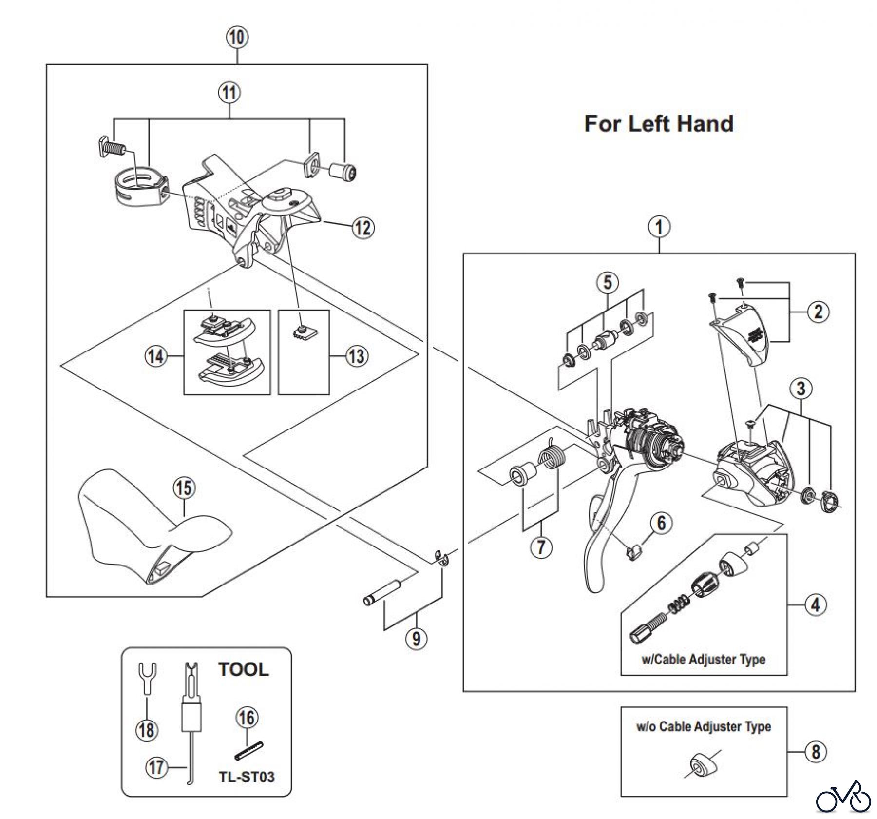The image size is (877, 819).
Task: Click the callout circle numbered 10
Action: [x=237, y=37]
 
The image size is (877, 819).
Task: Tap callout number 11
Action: [x=229, y=92]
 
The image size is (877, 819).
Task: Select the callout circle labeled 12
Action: [x=362, y=227]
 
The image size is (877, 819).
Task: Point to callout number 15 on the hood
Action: [x=184, y=488]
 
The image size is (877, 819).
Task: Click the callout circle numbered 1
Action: [x=659, y=227]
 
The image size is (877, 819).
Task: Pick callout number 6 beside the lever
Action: [x=661, y=523]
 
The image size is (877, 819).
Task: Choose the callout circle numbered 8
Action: [x=816, y=751]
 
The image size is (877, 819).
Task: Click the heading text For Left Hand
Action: [x=659, y=124]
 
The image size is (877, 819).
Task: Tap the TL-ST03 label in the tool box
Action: [x=247, y=777]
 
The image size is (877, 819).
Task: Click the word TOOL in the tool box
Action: [x=243, y=669]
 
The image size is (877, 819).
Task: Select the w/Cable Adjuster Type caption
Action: [x=704, y=660]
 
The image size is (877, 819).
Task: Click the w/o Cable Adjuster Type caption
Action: [x=704, y=727]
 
